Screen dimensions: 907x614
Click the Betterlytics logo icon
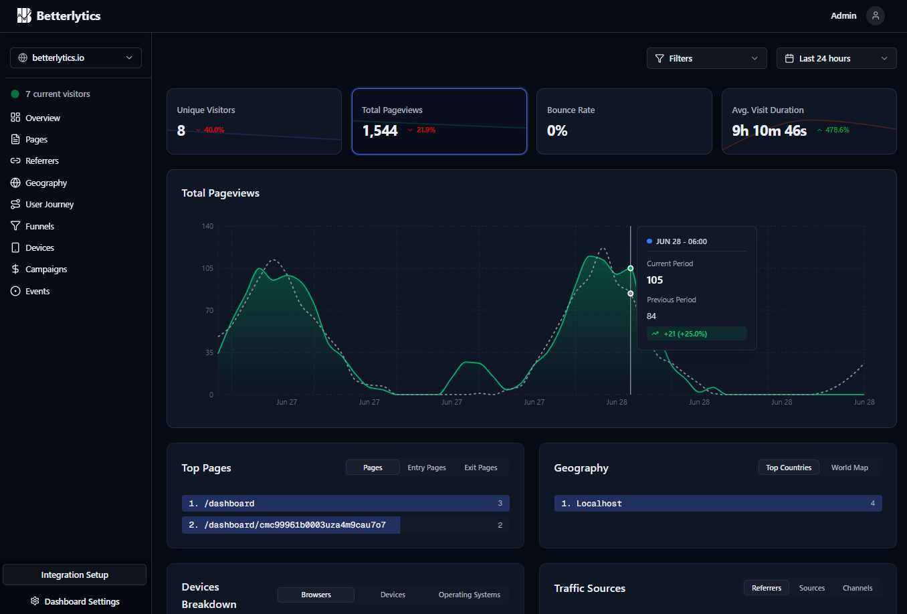coord(24,16)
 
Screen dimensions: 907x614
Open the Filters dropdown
coord(706,58)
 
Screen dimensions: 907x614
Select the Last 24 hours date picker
coord(836,58)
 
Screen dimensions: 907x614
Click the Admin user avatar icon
coord(876,16)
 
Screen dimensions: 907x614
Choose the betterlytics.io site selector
coord(76,58)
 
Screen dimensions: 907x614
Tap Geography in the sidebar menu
coord(46,183)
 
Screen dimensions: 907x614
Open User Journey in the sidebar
coord(49,205)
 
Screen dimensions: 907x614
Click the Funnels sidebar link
coord(39,226)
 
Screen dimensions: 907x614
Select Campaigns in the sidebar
coord(46,270)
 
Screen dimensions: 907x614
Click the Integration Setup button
coord(74,575)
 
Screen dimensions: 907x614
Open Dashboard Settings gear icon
coord(35,601)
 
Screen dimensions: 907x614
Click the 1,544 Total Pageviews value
coord(380,131)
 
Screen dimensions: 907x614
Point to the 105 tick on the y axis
coord(207,268)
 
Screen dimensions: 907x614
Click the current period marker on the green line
coord(631,268)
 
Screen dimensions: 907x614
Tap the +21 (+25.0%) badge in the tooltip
coord(696,334)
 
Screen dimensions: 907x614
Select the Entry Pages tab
coord(427,468)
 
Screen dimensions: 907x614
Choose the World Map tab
coord(849,468)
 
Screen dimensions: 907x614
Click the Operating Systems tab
coord(470,595)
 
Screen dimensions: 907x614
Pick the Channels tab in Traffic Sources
coord(858,588)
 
